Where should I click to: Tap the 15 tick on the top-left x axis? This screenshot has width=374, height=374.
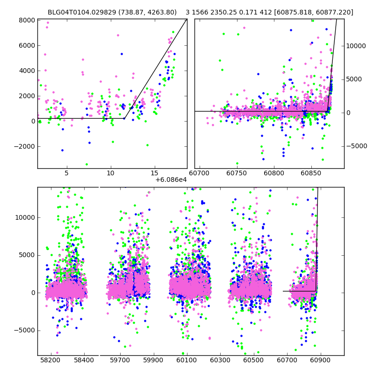click(x=155, y=173)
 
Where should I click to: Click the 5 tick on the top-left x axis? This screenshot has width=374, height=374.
click(x=66, y=173)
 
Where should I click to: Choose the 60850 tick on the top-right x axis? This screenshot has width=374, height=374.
click(x=309, y=173)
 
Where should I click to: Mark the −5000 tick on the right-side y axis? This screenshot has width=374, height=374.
click(x=357, y=146)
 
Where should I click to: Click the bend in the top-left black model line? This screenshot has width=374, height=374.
click(x=124, y=118)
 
